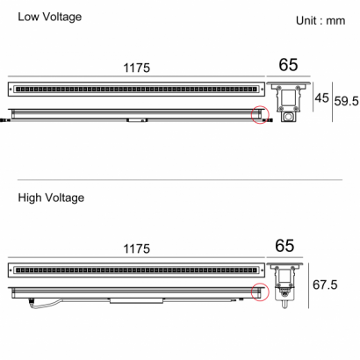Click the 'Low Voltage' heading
click(50, 17)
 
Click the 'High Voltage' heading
click(51, 198)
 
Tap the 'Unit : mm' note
click(320, 21)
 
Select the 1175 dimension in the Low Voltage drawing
click(137, 68)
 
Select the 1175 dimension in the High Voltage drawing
click(137, 249)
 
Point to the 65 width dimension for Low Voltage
click(288, 65)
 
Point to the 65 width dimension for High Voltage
click(284, 246)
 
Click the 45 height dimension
click(322, 97)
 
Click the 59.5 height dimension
click(347, 101)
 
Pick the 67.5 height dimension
click(325, 284)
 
